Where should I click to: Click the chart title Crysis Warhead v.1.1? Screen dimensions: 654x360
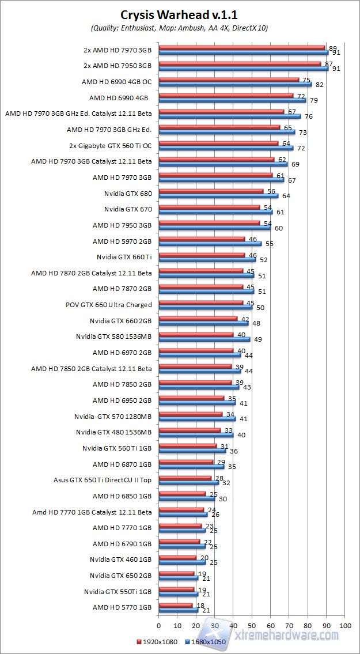click(180, 15)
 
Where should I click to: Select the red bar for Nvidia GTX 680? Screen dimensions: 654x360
click(211, 191)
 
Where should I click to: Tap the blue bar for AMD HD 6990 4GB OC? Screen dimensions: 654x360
click(235, 84)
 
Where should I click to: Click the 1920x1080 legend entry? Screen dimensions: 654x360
click(157, 641)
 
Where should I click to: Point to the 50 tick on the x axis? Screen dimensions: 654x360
click(252, 625)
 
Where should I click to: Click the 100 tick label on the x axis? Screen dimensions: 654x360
click(344, 625)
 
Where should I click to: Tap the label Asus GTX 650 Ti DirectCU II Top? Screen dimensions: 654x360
click(103, 479)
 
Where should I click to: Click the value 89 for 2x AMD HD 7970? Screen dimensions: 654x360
click(332, 48)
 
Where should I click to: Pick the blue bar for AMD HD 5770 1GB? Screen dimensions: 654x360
click(178, 610)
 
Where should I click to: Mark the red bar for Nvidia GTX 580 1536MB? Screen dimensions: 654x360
click(196, 334)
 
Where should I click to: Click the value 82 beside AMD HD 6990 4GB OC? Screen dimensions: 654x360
click(318, 85)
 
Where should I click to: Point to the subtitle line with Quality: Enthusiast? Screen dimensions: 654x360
click(180, 28)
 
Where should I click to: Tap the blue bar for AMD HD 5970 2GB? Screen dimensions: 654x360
click(210, 243)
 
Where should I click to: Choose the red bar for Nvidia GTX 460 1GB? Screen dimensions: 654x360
click(177, 557)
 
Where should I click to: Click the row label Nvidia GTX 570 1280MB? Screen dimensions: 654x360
click(113, 416)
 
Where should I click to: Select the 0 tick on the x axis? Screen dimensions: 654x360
click(158, 625)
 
